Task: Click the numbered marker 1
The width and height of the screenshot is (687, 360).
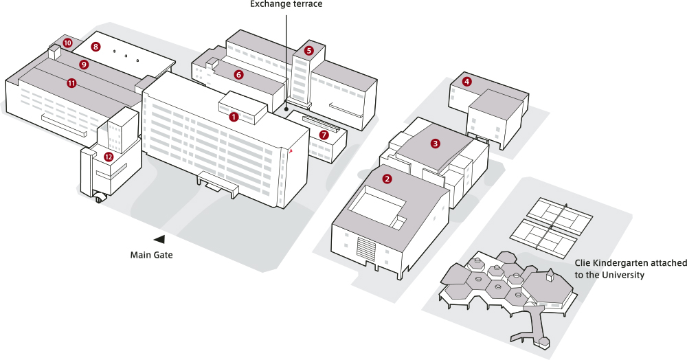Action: (x=234, y=117)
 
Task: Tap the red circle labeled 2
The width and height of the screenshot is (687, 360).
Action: (x=387, y=179)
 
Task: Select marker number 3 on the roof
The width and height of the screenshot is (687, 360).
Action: (x=435, y=143)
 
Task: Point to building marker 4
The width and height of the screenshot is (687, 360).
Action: (x=467, y=82)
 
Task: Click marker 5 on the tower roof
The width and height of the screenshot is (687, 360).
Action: (x=309, y=50)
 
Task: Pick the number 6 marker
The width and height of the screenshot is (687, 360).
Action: (x=238, y=74)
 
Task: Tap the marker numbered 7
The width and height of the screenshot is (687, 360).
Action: (x=324, y=135)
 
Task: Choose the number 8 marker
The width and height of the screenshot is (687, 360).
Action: (x=95, y=47)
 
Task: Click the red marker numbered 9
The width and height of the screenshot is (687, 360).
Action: (x=84, y=65)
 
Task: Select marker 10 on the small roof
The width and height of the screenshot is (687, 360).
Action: (x=67, y=43)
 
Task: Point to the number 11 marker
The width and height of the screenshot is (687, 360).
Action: (x=71, y=82)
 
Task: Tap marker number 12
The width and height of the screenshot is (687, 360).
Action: (x=109, y=157)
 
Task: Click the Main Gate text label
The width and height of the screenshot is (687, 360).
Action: (x=152, y=255)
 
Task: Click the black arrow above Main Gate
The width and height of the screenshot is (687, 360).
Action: (x=159, y=239)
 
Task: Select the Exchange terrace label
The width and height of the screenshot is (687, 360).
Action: (x=286, y=4)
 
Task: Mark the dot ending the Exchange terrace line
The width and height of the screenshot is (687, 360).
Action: (x=286, y=109)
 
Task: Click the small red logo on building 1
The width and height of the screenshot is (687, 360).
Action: (x=291, y=151)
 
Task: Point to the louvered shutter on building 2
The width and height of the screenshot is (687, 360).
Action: (x=366, y=248)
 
